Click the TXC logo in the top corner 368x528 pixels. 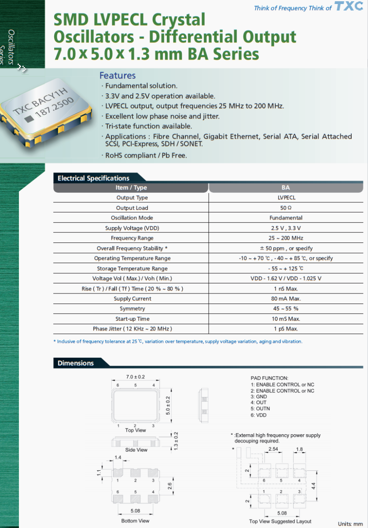tap(349, 6)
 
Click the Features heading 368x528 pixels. tap(117, 76)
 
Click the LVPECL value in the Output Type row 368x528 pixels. tap(286, 198)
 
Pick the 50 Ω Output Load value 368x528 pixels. tap(286, 208)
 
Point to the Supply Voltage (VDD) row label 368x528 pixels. tap(132, 228)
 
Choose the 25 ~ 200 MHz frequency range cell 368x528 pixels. tap(286, 238)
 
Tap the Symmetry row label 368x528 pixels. tap(132, 309)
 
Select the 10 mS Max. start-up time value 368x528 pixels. tap(286, 319)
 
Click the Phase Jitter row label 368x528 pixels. tap(132, 329)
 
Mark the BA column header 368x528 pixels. tap(286, 188)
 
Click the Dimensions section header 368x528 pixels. tap(76, 363)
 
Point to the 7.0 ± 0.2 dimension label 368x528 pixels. tap(136, 377)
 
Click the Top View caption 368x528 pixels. tap(136, 430)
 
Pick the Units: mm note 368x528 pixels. tap(350, 524)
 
